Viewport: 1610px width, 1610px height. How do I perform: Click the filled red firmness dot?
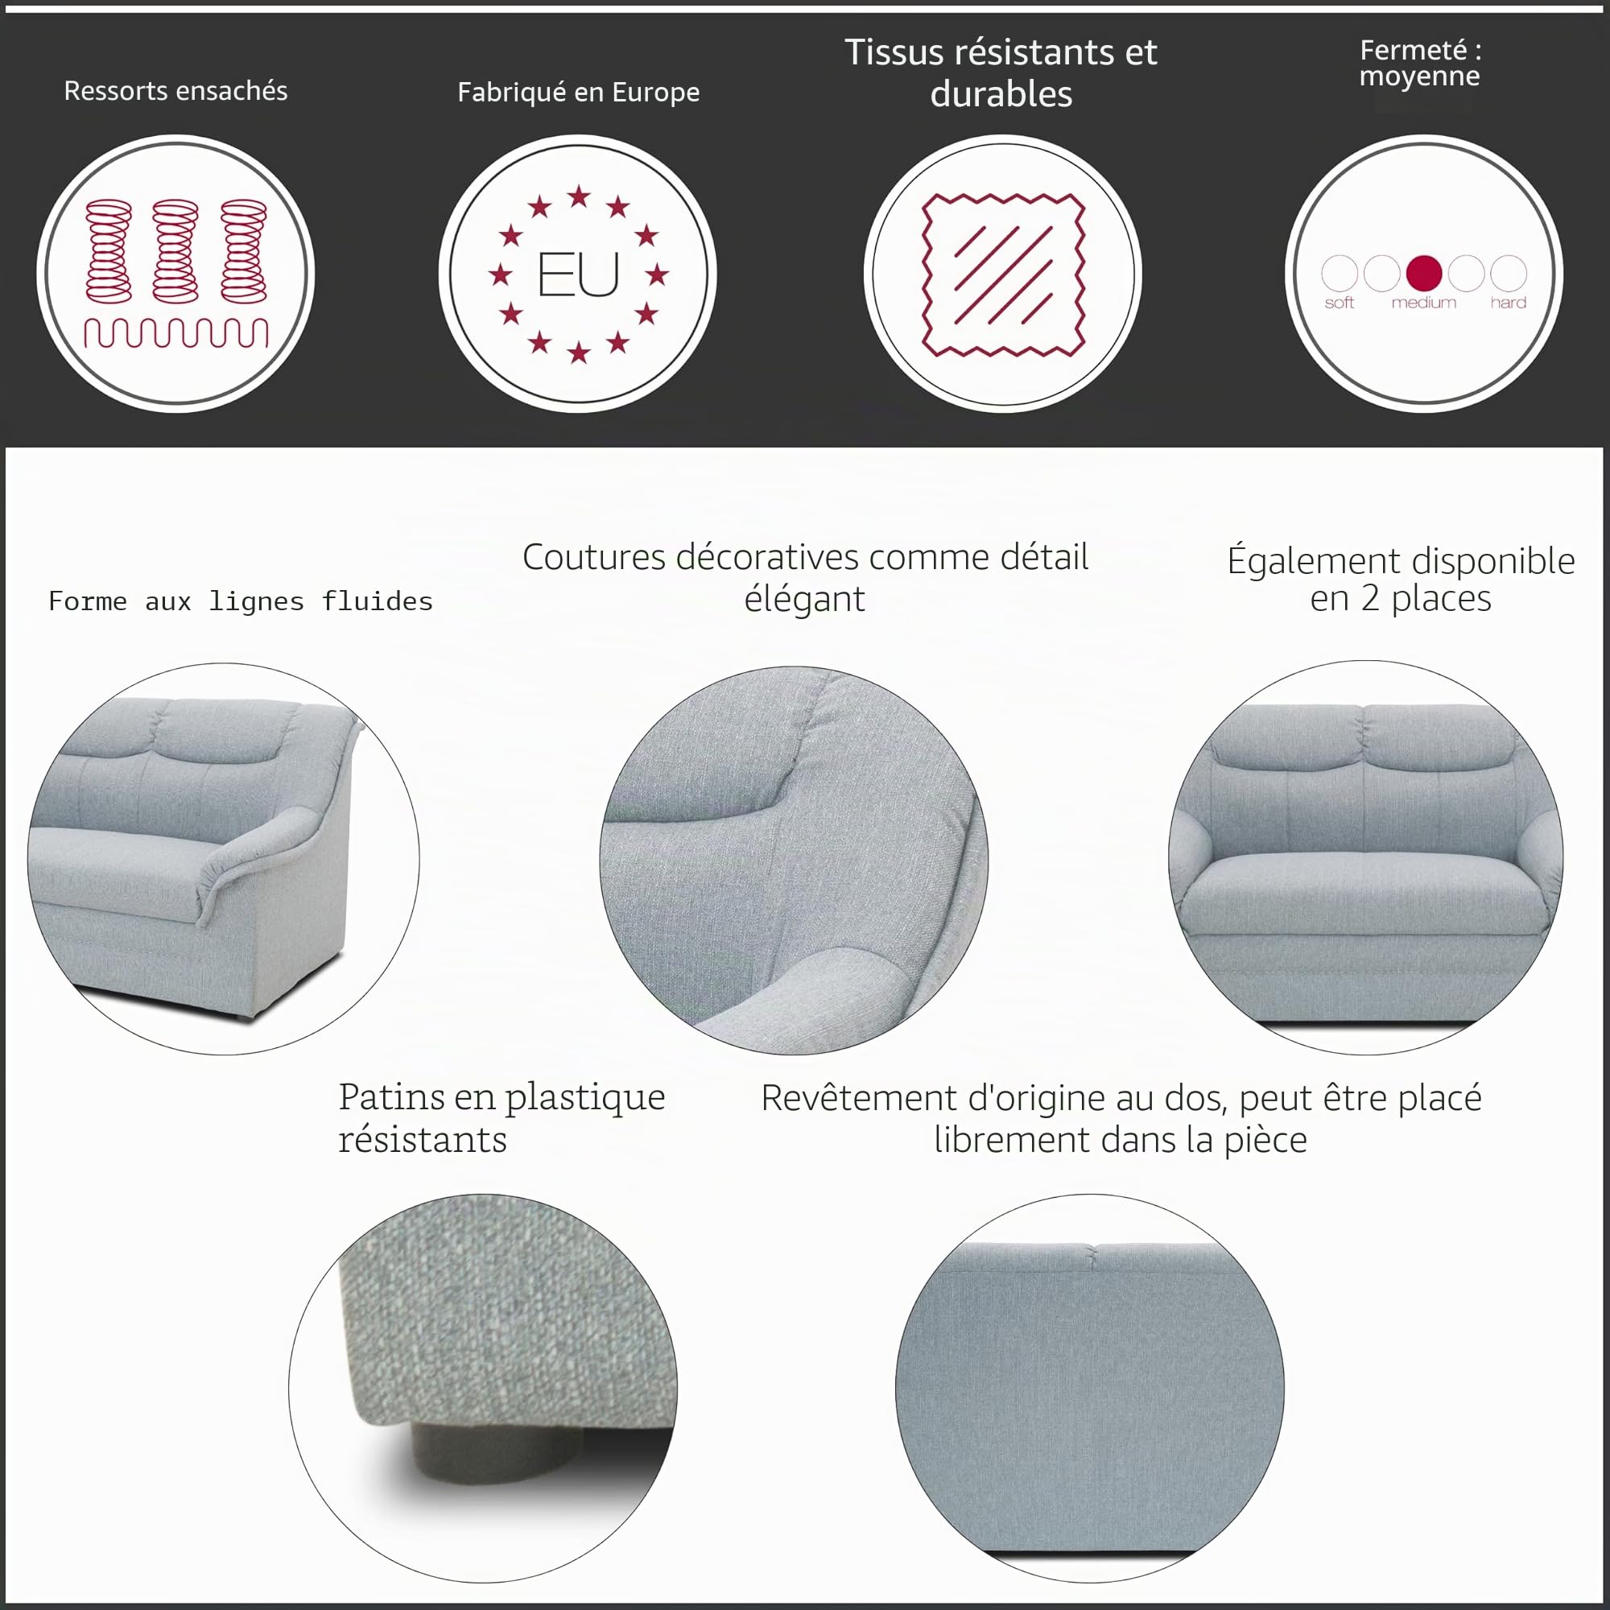click(x=1423, y=273)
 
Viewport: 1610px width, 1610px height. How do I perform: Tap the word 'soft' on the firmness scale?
click(x=1340, y=303)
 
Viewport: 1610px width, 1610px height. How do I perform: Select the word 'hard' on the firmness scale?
click(x=1509, y=303)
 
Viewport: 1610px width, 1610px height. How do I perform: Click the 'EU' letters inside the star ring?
click(x=578, y=275)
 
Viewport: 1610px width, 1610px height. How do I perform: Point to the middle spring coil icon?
click(x=175, y=250)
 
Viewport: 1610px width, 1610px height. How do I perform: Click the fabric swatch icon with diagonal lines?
click(x=1003, y=275)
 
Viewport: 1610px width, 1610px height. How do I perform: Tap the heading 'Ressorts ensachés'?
click(x=175, y=90)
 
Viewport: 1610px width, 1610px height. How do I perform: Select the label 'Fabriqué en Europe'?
click(x=578, y=92)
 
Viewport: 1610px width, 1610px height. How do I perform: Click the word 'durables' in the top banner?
click(x=1001, y=94)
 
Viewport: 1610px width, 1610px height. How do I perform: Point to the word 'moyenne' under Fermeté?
click(x=1419, y=76)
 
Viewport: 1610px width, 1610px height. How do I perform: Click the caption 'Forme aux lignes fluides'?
click(x=241, y=601)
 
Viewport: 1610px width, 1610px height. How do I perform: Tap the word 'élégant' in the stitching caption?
click(x=804, y=599)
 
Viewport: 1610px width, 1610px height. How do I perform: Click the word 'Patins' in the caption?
click(x=390, y=1096)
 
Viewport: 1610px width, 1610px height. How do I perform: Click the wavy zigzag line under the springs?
click(x=175, y=332)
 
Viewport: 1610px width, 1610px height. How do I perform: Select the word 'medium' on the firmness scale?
click(x=1423, y=303)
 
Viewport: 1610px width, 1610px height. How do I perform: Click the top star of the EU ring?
click(x=578, y=197)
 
